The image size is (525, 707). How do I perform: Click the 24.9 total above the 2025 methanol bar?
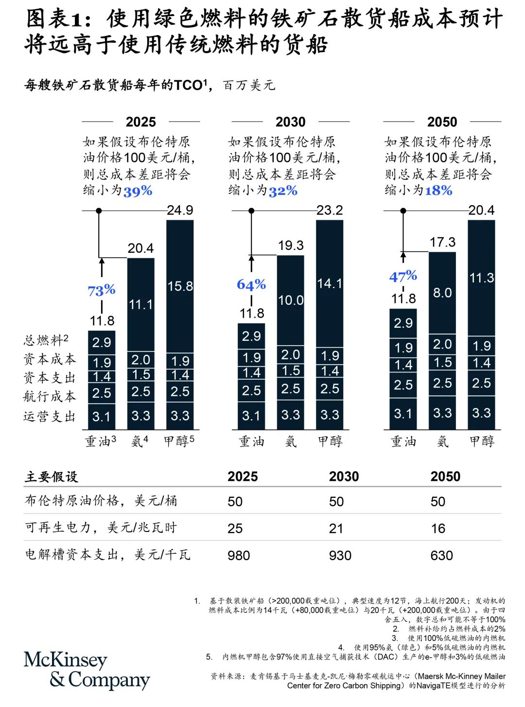180,210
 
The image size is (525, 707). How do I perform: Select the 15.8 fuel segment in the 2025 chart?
180,286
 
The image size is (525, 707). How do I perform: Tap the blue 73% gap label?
102,290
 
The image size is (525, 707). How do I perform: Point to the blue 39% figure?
138,191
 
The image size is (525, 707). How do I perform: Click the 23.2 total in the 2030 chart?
330,210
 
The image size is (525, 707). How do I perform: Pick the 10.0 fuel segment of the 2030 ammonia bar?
291,300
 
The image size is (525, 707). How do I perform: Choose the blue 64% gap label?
251,284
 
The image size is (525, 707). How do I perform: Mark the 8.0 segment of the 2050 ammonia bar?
442,293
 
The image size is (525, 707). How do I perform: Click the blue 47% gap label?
403,276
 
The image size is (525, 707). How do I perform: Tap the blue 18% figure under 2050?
438,191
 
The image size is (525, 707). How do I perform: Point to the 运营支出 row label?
50,416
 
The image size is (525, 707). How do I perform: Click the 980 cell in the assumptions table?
239,555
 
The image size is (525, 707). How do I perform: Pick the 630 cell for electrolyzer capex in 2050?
441,555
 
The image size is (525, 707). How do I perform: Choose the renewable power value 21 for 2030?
336,529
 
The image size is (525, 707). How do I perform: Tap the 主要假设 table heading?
52,477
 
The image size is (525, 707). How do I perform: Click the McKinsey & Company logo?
87,670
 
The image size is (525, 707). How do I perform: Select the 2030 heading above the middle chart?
290,122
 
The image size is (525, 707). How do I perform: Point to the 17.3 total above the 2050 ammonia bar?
442,242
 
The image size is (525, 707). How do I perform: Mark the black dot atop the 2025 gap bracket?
99,211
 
